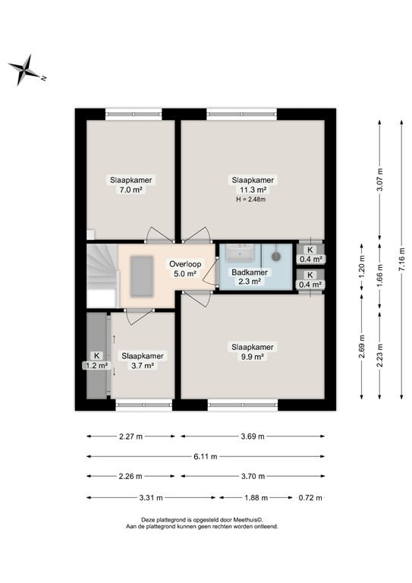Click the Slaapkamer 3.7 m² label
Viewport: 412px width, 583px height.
click(x=143, y=360)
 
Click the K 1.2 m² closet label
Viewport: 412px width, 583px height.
click(x=97, y=360)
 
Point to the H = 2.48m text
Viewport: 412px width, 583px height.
click(x=253, y=200)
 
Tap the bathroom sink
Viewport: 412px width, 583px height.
click(x=246, y=253)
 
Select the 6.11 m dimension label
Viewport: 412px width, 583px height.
click(x=204, y=456)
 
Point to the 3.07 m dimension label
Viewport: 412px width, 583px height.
click(x=379, y=179)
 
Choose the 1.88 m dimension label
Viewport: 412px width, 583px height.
click(x=255, y=498)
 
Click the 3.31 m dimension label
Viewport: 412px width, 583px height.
click(x=152, y=498)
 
